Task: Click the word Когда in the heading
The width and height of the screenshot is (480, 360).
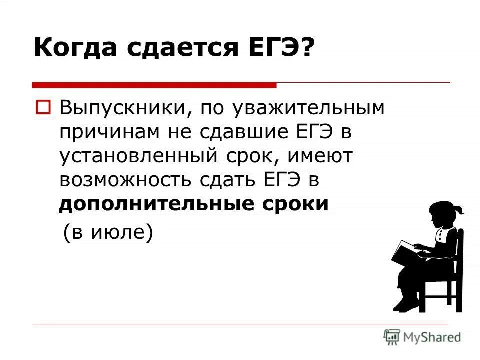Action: (74, 49)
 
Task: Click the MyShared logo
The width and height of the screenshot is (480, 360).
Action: (422, 336)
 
